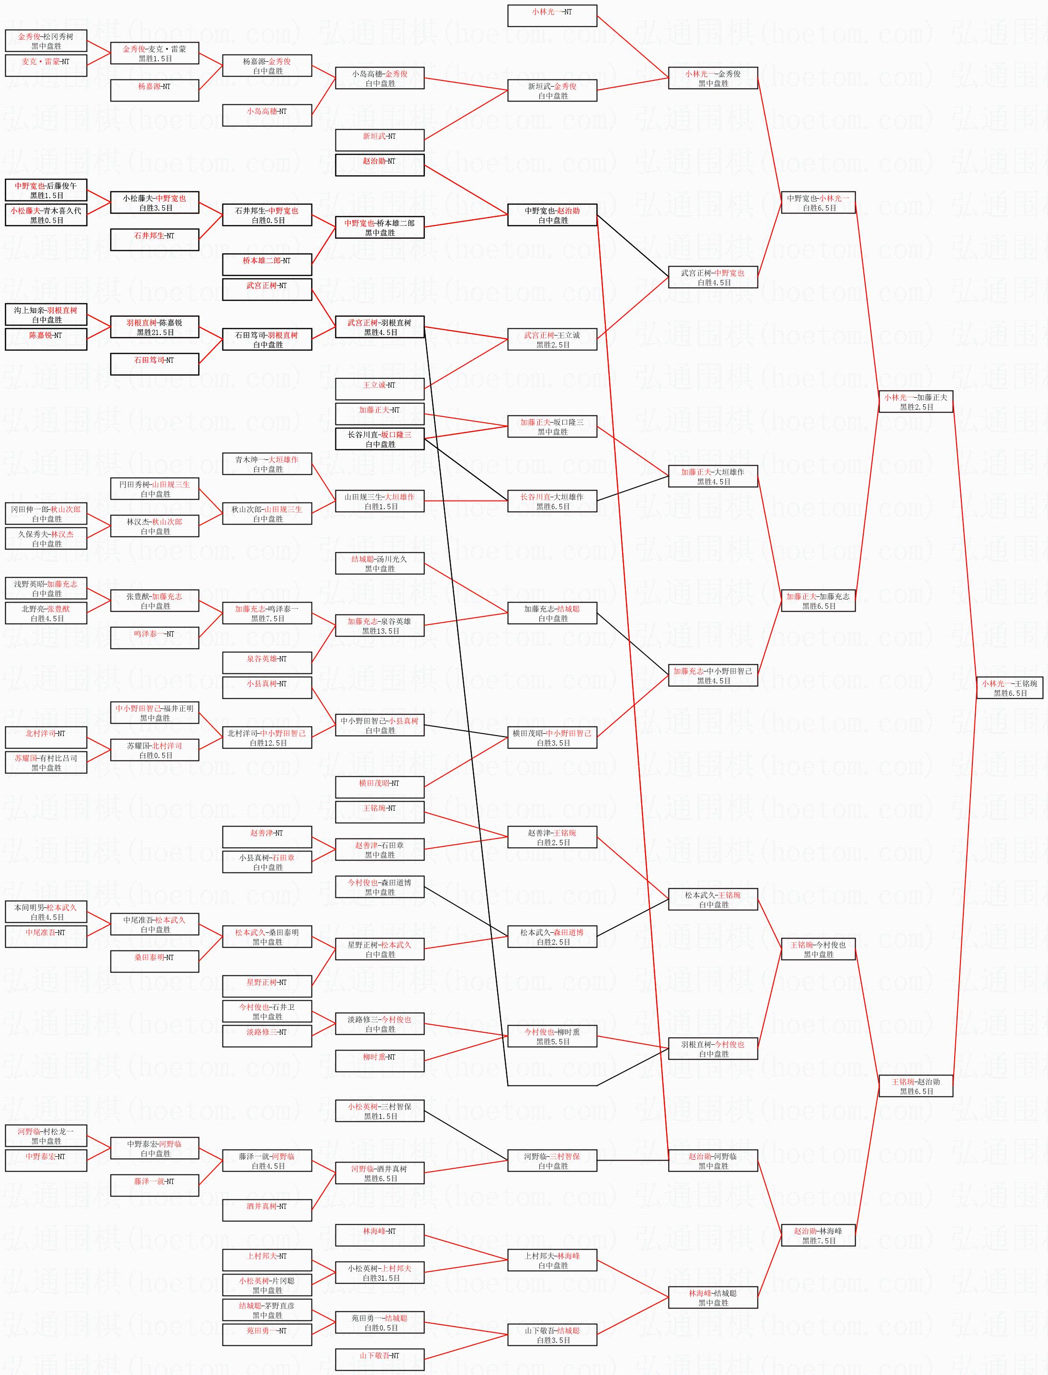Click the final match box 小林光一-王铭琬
1009,688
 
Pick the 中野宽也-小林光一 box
818,203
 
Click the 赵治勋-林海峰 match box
818,1236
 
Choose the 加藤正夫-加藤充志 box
818,601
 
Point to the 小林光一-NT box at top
552,16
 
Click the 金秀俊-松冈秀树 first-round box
46,41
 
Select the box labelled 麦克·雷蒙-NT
46,66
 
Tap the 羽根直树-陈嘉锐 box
154,327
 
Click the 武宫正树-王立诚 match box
552,339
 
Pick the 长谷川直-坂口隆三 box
379,439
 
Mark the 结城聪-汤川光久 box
379,563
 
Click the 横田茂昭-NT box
379,787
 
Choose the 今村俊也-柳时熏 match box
552,1036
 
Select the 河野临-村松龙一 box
46,1136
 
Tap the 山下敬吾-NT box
379,1360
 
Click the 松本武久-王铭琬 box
713,900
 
